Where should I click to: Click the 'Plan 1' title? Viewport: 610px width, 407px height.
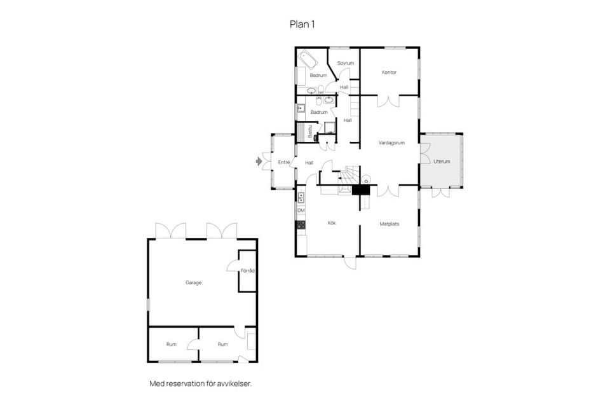[x=302, y=24]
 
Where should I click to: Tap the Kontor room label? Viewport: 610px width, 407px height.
[x=389, y=72]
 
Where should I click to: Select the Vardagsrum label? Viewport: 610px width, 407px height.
[x=391, y=143]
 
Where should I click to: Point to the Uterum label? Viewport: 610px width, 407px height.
[x=442, y=162]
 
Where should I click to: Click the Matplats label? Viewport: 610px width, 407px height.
[x=389, y=224]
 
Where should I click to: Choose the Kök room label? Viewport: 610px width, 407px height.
[x=332, y=223]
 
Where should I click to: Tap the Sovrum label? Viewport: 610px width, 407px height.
[x=345, y=63]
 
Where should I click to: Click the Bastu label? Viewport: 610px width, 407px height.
[x=310, y=132]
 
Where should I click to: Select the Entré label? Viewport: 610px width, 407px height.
[x=284, y=163]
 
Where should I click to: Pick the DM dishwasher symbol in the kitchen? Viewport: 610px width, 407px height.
[x=301, y=210]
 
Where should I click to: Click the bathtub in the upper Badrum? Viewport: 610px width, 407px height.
[x=309, y=61]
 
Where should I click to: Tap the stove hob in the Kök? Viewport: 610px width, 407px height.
[x=301, y=224]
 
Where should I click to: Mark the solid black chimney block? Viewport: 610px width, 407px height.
[x=361, y=190]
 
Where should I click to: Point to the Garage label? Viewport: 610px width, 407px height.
[x=193, y=282]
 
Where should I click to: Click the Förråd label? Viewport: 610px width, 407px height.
[x=248, y=271]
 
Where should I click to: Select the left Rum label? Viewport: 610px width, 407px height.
[x=171, y=344]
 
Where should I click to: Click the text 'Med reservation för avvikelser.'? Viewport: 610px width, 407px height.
[x=200, y=383]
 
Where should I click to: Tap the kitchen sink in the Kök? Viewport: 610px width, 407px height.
[x=301, y=197]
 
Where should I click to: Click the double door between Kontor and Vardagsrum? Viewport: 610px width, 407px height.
[x=388, y=100]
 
